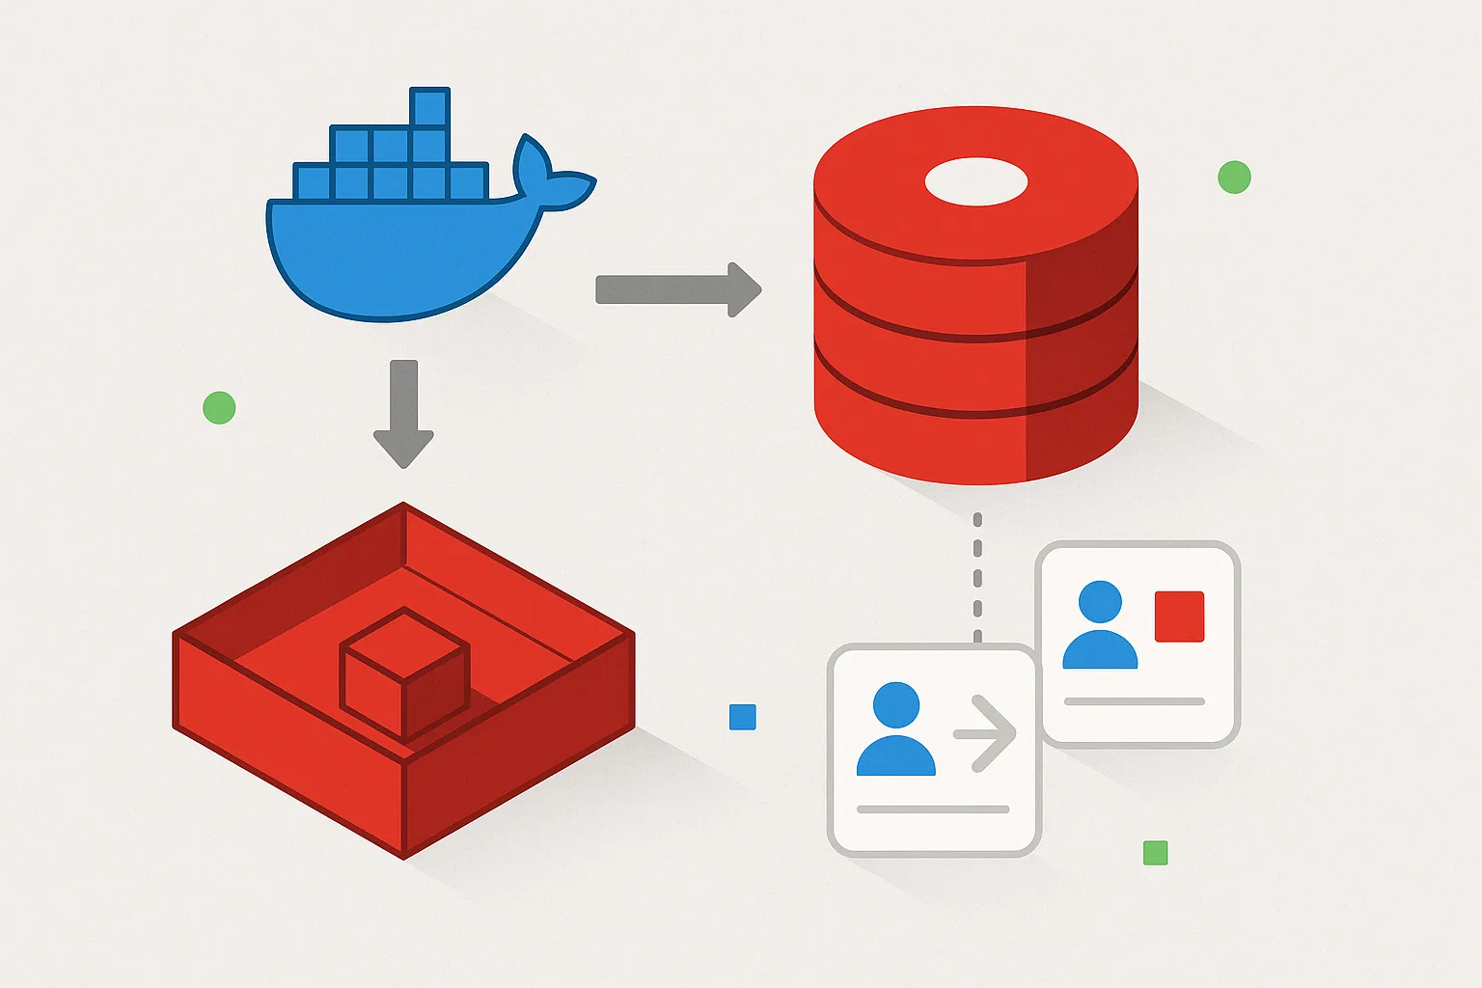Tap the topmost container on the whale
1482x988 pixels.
tap(428, 107)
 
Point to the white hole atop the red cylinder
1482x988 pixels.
tap(975, 182)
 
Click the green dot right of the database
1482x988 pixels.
tap(1234, 178)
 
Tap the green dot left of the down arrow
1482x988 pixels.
tap(219, 408)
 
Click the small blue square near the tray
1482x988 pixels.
tap(742, 717)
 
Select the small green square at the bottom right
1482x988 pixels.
tap(1155, 853)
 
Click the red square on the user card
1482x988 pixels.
tap(1179, 617)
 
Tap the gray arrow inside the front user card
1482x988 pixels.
tap(985, 733)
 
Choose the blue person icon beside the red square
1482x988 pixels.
tap(1100, 626)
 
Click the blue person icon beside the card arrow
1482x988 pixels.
tap(895, 730)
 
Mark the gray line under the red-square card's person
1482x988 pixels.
tap(1134, 701)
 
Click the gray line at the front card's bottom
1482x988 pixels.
tap(932, 810)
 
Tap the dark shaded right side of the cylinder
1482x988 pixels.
tap(1081, 367)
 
